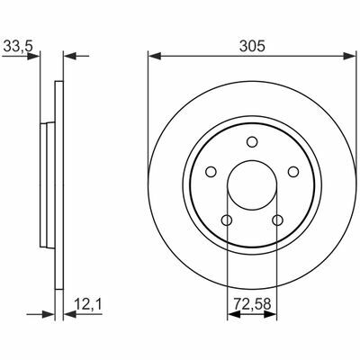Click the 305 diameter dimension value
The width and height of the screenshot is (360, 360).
[252, 47]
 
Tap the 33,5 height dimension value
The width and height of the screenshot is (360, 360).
[17, 46]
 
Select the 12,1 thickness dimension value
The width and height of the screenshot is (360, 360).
[88, 304]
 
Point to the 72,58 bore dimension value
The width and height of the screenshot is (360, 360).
[252, 304]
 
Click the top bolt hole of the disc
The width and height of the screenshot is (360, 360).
[252, 141]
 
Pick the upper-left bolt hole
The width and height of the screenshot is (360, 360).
[211, 172]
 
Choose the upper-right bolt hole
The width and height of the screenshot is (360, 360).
[293, 172]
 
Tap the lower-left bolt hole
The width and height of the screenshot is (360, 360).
[227, 220]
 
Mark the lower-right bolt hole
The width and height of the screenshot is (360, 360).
[277, 220]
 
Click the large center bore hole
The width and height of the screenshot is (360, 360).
[252, 185]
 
